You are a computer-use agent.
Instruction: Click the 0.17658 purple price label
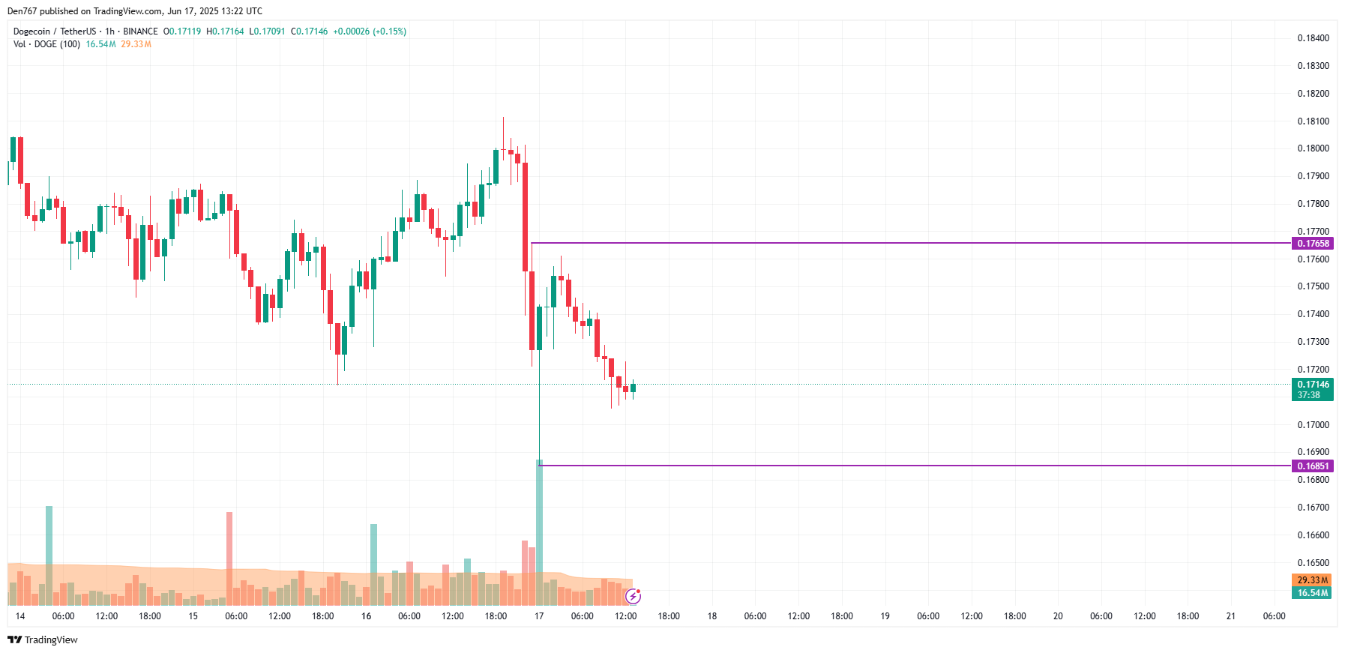(x=1313, y=244)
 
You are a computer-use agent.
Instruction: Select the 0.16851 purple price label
(x=1313, y=466)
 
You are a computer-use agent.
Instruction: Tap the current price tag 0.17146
(x=1313, y=385)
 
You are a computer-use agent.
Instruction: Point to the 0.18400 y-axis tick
(x=1313, y=38)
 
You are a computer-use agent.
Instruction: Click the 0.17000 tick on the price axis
(x=1313, y=425)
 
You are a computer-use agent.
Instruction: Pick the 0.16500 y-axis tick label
(x=1313, y=563)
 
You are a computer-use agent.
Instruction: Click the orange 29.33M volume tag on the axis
(x=1312, y=580)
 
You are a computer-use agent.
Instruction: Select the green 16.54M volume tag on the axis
(x=1312, y=593)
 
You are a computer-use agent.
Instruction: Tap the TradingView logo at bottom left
(x=43, y=640)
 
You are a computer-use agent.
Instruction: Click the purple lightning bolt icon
(x=634, y=596)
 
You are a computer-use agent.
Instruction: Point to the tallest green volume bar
(x=539, y=532)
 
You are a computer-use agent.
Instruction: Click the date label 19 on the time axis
(x=885, y=616)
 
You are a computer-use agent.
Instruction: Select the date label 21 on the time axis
(x=1230, y=616)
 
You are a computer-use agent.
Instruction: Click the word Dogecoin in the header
(x=31, y=31)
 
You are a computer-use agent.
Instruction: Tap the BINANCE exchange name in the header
(x=140, y=31)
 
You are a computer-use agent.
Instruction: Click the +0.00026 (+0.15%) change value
(x=370, y=31)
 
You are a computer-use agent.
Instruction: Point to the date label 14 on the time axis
(x=20, y=616)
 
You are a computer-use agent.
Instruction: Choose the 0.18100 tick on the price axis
(x=1313, y=121)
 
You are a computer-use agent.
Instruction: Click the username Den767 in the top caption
(x=22, y=11)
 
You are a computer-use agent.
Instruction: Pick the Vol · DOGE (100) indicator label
(x=46, y=44)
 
